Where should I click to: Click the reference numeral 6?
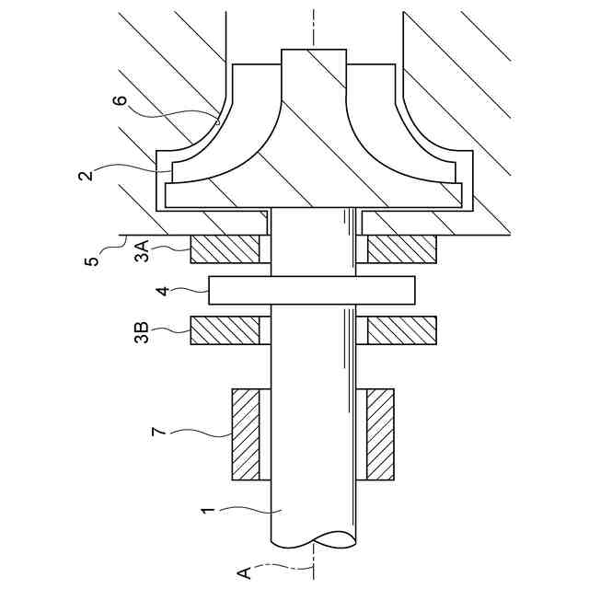click(x=121, y=101)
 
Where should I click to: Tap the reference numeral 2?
click(x=86, y=176)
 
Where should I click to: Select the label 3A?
click(x=143, y=251)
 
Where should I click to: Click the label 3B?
click(x=142, y=332)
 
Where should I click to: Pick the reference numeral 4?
click(x=163, y=291)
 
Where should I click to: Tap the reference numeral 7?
click(x=158, y=432)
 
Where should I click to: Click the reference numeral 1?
click(x=208, y=513)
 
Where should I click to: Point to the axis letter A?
click(x=244, y=572)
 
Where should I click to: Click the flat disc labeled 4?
click(x=312, y=291)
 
